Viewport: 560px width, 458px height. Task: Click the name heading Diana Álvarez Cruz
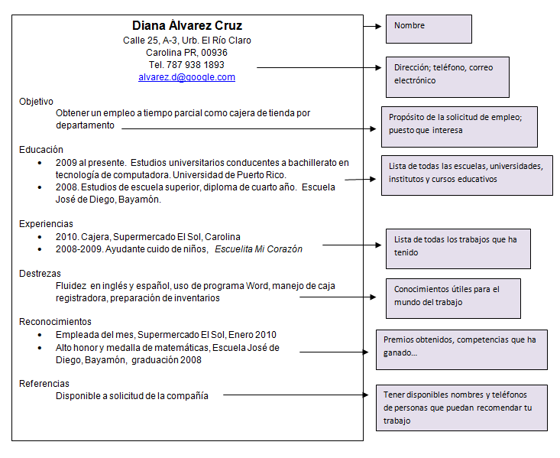(187, 25)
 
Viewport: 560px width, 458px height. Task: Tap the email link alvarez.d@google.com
(186, 77)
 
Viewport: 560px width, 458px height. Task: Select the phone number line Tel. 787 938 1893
(186, 65)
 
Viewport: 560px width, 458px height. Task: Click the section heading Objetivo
(36, 101)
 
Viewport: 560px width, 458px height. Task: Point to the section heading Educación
(41, 150)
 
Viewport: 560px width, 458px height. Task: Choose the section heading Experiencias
(46, 224)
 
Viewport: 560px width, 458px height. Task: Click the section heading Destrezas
(40, 273)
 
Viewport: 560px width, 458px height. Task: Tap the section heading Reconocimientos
(55, 322)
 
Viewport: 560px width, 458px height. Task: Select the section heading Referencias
(44, 383)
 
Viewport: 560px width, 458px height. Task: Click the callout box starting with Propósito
(459, 125)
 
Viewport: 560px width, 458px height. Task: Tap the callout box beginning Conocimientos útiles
(454, 297)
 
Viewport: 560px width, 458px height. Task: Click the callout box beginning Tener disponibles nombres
(461, 408)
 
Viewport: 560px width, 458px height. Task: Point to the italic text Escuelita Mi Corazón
(259, 249)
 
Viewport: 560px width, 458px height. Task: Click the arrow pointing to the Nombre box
(372, 26)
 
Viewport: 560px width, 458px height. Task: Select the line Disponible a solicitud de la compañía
(132, 396)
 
